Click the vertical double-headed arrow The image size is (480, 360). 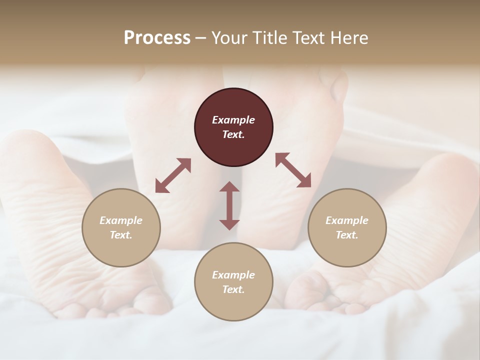point(229,205)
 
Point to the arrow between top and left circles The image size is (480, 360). point(173,175)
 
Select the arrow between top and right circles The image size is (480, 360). point(293,170)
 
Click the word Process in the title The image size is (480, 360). point(157,38)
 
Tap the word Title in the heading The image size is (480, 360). point(270,38)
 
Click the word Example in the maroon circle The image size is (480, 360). point(233,120)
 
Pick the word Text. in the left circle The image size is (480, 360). point(121,235)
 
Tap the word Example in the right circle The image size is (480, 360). point(347,220)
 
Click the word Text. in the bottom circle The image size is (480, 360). point(233,289)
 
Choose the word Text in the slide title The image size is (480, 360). point(308,38)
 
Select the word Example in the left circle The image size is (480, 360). point(121,220)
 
